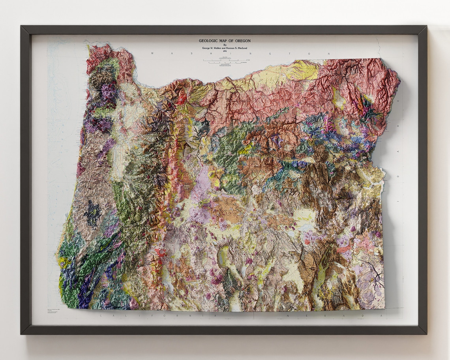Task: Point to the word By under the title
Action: pyautogui.click(x=225, y=45)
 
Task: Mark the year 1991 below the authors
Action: pyautogui.click(x=225, y=52)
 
